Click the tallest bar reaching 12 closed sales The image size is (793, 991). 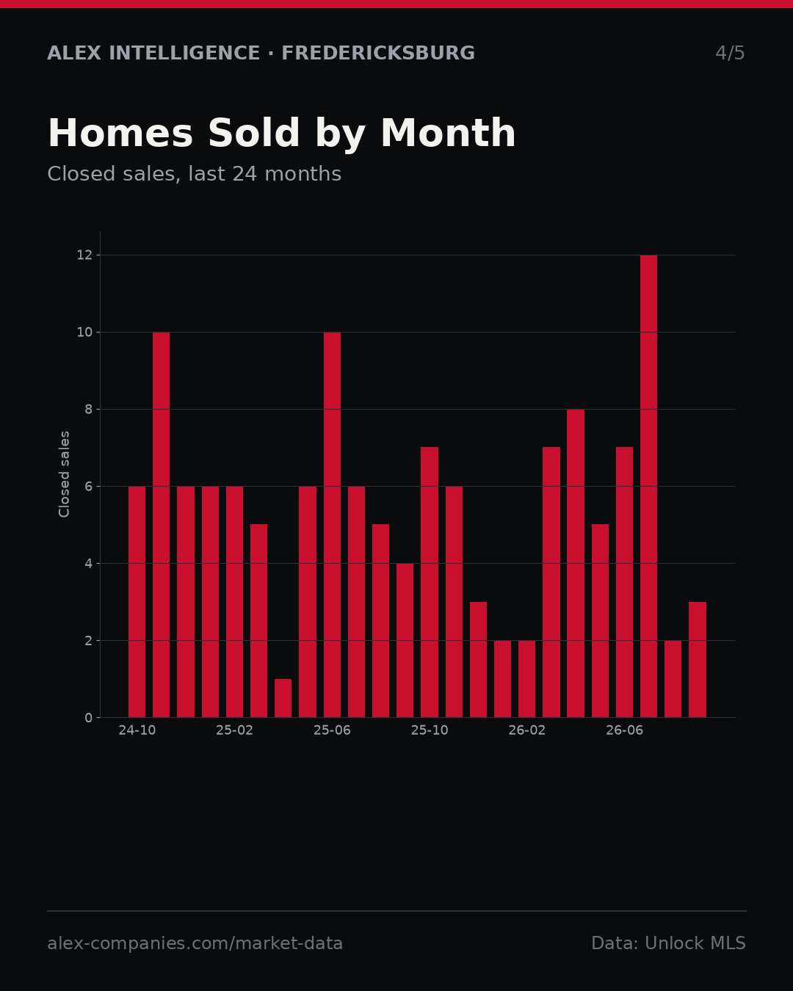tap(648, 486)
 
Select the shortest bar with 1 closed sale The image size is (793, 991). tap(283, 698)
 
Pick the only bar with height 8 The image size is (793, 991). tap(576, 563)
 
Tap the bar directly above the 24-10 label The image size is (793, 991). tap(137, 602)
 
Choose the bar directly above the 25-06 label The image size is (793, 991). tap(332, 525)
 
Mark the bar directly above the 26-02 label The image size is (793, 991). tap(526, 679)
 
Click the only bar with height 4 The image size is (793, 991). tap(405, 640)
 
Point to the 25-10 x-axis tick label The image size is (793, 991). tap(430, 730)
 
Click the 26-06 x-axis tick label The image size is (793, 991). tap(624, 730)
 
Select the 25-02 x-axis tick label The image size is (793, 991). tap(234, 730)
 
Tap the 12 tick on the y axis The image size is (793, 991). tap(84, 255)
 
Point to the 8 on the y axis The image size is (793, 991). tap(89, 410)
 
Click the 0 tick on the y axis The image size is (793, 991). tap(89, 718)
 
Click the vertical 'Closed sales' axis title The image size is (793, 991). tap(64, 474)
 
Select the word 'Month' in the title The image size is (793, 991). tap(448, 133)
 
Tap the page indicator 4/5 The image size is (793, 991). tap(730, 53)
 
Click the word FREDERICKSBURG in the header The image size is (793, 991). tap(378, 53)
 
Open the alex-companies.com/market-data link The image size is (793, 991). tap(195, 943)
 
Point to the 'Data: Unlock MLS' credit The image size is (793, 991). tap(669, 943)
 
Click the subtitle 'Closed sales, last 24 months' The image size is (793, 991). tap(195, 174)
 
